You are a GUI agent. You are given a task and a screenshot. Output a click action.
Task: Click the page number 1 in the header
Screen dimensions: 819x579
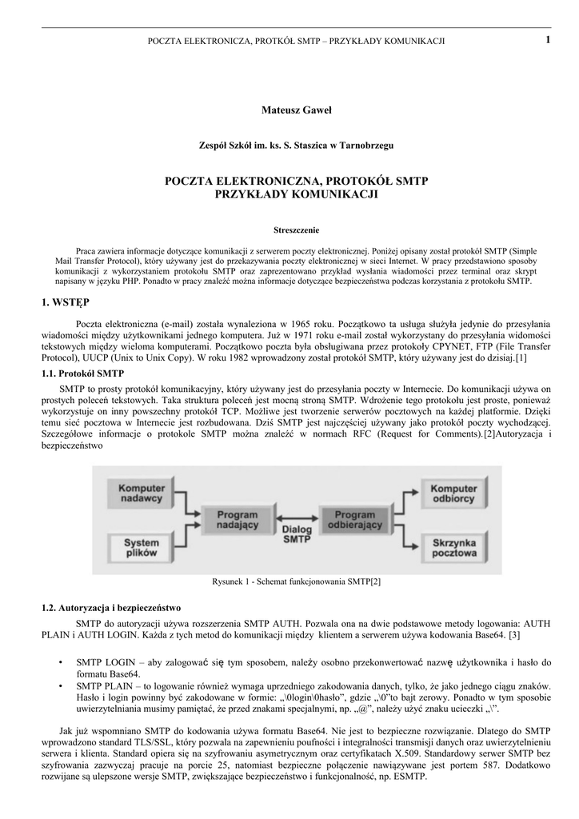[x=549, y=39]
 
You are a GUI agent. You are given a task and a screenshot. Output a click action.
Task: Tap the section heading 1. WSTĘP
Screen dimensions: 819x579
[x=66, y=302]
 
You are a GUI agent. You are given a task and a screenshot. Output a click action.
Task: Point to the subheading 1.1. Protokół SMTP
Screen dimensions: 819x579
[x=82, y=374]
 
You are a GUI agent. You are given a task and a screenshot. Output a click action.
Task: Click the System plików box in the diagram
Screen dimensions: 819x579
[x=142, y=549]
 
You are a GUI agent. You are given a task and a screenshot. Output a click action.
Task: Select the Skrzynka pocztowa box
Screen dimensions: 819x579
[x=453, y=549]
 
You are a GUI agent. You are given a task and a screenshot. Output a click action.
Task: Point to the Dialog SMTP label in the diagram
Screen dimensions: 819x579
[x=297, y=534]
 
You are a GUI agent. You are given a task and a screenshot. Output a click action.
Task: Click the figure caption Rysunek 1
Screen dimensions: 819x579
[x=296, y=581]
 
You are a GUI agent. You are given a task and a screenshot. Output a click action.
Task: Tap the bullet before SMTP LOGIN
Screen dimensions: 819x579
[x=62, y=663]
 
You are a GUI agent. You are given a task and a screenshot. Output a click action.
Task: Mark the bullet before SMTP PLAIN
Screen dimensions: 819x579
[x=62, y=686]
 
